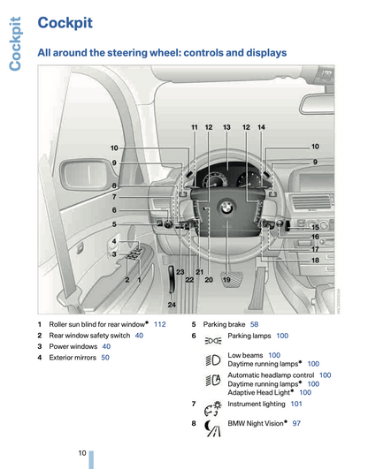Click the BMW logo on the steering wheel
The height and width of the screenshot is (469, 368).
point(226,207)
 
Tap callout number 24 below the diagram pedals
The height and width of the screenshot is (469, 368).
point(172,305)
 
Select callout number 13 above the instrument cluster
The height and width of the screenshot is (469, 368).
point(226,127)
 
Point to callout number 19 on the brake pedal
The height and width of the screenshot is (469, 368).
point(226,280)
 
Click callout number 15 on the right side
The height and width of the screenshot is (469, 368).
point(315,228)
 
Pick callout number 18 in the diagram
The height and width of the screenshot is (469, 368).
point(315,261)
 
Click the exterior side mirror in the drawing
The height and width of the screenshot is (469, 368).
point(88,175)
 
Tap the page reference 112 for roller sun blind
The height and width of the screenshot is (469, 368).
point(160,324)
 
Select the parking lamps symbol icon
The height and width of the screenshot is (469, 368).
point(213,340)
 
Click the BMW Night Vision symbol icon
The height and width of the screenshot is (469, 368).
point(212,428)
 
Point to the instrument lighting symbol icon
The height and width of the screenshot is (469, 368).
point(213,409)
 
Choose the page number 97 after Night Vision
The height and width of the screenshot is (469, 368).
point(296,423)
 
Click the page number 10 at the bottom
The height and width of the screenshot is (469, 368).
point(82,453)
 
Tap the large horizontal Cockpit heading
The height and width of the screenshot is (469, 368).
point(65,23)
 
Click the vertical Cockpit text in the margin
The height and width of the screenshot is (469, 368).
point(15,44)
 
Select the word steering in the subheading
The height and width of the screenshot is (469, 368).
point(127,53)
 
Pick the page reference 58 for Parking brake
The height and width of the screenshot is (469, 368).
point(254,324)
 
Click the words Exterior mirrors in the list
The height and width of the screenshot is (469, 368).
point(73,358)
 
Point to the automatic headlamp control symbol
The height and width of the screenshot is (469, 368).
point(213,380)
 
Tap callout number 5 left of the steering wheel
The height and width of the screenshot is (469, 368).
point(114,224)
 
